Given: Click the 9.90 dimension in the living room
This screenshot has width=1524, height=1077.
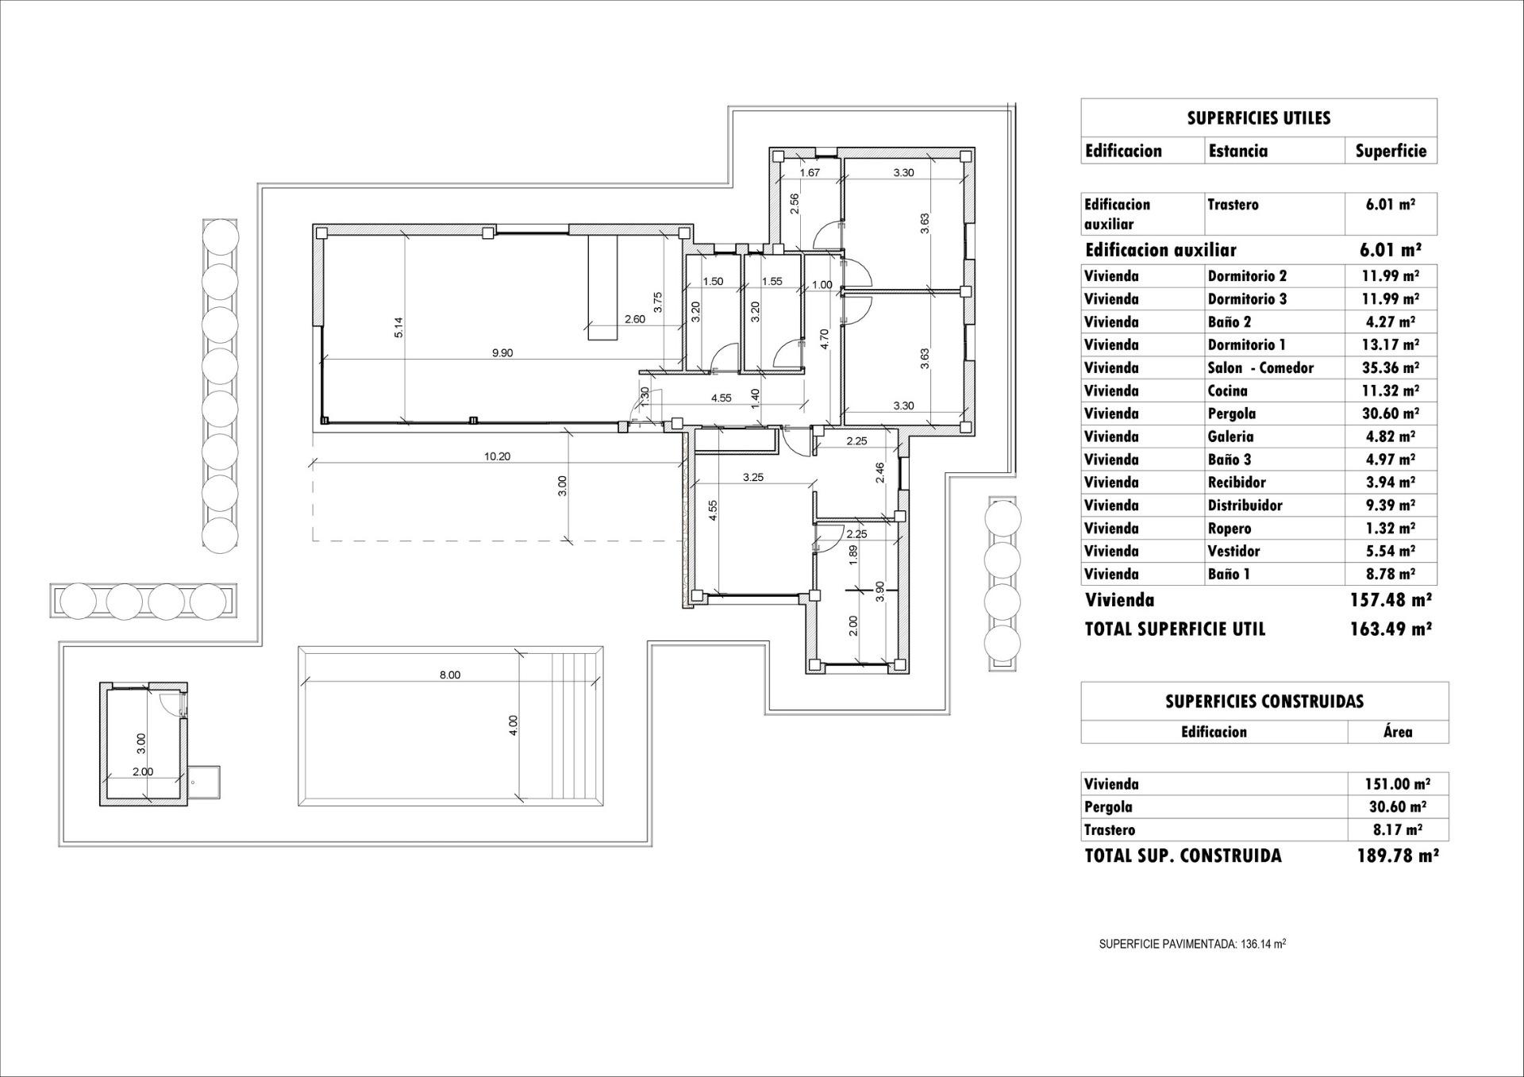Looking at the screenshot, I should coord(502,353).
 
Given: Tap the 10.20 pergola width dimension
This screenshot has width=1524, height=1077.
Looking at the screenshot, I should coord(497,456).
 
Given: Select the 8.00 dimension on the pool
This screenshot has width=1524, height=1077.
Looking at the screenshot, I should coord(449,675).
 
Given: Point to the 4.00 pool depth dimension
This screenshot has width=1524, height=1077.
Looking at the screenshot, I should coord(513,725).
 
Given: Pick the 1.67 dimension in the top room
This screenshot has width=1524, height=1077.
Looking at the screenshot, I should coord(810,172).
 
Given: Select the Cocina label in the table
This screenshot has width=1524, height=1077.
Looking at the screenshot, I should coord(1227,390).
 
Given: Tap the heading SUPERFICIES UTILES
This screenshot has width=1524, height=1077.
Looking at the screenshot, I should coord(1258,118).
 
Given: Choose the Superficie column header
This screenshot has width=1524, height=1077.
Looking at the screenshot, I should coord(1390,151).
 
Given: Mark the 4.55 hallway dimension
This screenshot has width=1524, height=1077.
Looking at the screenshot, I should coord(721,398).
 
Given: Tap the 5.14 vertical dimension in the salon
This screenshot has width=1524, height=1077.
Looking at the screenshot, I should coord(399,327).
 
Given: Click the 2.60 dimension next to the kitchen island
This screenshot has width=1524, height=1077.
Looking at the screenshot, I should coord(635,319).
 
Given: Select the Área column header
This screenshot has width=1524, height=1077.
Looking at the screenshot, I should coord(1397,732).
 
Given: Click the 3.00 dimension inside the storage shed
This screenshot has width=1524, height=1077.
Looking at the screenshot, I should coord(141,743).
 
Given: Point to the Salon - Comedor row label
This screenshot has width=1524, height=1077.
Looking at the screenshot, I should coord(1260,367).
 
